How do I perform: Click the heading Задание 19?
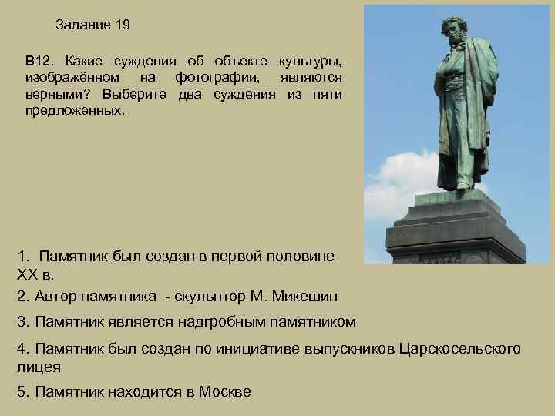coord(93,25)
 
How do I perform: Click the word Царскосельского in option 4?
coord(461,349)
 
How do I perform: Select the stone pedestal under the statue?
coord(456,231)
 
